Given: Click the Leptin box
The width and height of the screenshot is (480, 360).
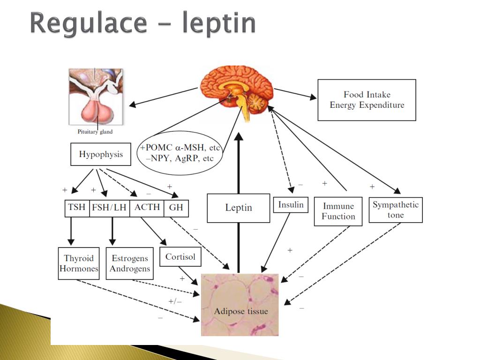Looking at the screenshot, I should [x=239, y=208].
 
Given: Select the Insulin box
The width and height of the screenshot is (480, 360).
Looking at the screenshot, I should [x=291, y=205].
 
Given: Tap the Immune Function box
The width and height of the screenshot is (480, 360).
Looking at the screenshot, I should [x=338, y=211].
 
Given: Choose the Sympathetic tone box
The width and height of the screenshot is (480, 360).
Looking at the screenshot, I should [x=396, y=210].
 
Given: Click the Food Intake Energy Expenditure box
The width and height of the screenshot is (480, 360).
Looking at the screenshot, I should [x=367, y=100].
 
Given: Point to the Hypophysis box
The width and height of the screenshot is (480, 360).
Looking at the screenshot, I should [x=100, y=155].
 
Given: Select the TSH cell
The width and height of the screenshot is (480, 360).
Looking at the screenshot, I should [x=77, y=207].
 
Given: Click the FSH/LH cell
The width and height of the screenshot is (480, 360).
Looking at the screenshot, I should [x=109, y=207].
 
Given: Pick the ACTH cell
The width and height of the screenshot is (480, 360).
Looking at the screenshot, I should [x=147, y=207].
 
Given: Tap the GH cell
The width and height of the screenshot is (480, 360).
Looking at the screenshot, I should [x=176, y=207].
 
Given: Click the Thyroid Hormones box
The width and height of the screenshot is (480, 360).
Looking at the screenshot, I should [x=79, y=263].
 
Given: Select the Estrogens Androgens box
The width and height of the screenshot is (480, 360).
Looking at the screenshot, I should [x=130, y=263].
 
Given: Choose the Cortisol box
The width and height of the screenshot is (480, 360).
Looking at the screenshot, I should [x=180, y=257].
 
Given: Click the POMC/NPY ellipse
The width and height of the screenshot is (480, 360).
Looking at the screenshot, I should [x=179, y=153].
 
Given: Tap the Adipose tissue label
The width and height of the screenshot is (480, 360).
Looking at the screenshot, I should [x=241, y=311].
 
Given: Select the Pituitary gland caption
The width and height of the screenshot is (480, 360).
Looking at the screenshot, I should [x=95, y=132].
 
